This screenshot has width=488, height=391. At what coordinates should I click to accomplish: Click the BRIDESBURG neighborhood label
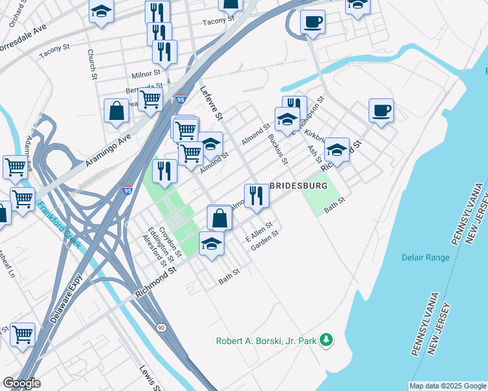pyautogui.click(x=298, y=186)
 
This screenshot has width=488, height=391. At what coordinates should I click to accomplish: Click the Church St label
pyautogui.click(x=92, y=65)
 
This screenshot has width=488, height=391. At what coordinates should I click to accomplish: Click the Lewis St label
pyautogui.click(x=149, y=377)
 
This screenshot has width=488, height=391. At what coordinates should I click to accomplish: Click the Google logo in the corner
pyautogui.click(x=22, y=383)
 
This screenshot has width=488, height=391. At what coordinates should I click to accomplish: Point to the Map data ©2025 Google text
pyautogui.click(x=448, y=386)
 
